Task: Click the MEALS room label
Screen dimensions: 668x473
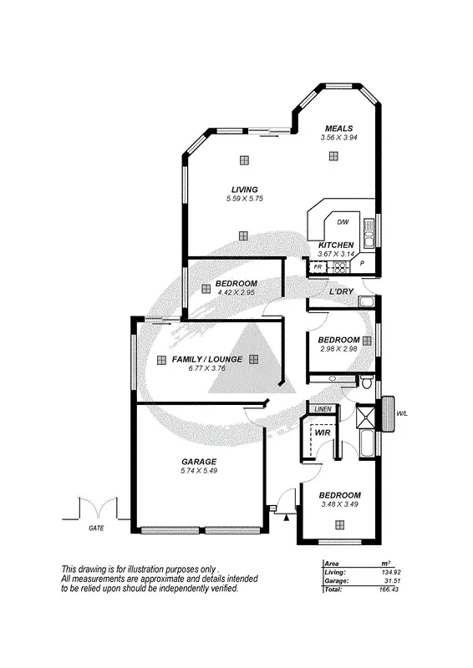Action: (x=338, y=128)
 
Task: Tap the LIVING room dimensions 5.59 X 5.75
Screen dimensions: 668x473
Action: (x=244, y=199)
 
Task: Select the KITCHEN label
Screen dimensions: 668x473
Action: (x=337, y=245)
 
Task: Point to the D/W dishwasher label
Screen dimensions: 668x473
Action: (x=342, y=222)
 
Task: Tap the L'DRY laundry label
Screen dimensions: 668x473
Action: (x=340, y=291)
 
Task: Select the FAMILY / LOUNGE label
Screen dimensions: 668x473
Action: (x=206, y=359)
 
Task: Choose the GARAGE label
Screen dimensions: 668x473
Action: (x=199, y=462)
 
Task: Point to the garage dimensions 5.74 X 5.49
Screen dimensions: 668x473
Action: (x=199, y=471)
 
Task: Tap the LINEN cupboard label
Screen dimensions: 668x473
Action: (x=323, y=408)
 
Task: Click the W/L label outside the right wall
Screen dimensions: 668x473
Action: (x=402, y=412)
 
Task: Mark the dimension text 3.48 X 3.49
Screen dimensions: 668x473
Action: (x=339, y=504)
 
